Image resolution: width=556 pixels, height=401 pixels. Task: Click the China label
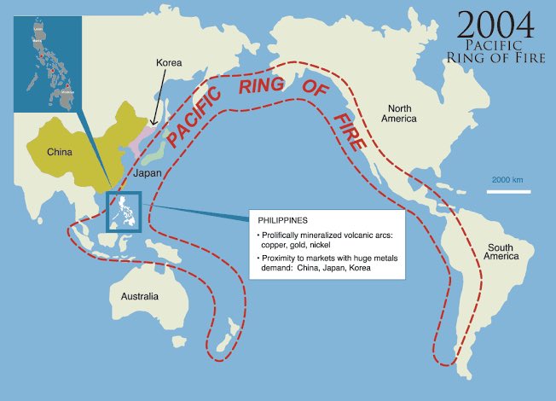(60, 153)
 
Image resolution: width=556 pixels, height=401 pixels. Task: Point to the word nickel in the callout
(322, 245)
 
